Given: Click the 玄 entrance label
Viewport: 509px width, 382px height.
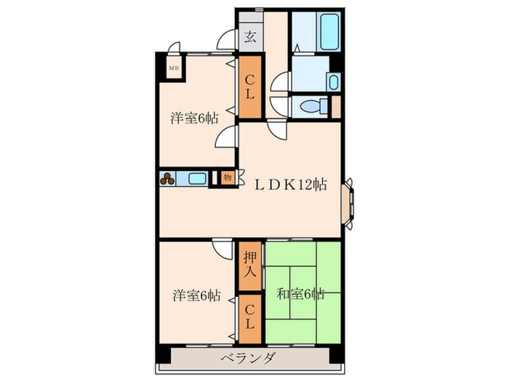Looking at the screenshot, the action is pyautogui.click(x=250, y=37).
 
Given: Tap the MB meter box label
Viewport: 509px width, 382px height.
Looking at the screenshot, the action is pyautogui.click(x=174, y=68).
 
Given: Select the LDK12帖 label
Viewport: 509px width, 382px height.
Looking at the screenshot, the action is pyautogui.click(x=291, y=185).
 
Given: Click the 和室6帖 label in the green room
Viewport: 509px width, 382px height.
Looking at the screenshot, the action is pyautogui.click(x=300, y=294).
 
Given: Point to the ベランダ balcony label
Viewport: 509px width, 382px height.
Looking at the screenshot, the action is pyautogui.click(x=249, y=359).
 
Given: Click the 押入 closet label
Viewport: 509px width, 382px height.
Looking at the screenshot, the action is pyautogui.click(x=250, y=265).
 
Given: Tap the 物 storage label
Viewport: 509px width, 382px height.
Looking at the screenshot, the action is pyautogui.click(x=227, y=178).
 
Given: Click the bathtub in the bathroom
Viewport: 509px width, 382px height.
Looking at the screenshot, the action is pyautogui.click(x=330, y=31).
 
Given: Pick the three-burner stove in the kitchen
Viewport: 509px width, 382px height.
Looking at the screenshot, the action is pyautogui.click(x=167, y=179).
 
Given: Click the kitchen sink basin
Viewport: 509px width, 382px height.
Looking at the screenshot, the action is pyautogui.click(x=197, y=178).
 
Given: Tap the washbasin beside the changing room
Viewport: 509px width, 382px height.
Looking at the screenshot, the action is pyautogui.click(x=334, y=82).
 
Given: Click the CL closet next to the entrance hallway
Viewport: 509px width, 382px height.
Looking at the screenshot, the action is pyautogui.click(x=250, y=87).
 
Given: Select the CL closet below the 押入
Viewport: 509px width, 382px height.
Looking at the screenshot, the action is pyautogui.click(x=250, y=319).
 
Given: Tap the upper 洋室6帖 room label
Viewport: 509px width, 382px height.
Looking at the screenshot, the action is pyautogui.click(x=194, y=118).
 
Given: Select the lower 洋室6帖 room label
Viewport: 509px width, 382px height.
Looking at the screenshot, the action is pyautogui.click(x=196, y=295).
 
